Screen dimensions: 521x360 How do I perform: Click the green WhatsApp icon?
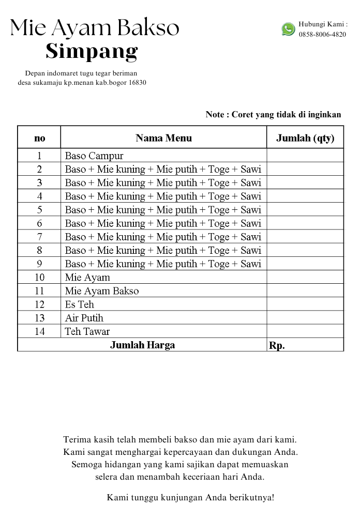288,29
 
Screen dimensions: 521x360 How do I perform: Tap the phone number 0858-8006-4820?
322,35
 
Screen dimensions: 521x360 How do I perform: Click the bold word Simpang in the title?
92,51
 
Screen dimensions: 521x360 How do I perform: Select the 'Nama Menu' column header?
163,138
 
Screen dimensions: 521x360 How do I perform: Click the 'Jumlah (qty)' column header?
305,138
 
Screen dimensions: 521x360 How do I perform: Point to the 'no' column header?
39,138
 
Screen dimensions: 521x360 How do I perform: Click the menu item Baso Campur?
94,156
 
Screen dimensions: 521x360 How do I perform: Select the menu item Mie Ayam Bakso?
102,291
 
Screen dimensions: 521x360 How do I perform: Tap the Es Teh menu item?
80,304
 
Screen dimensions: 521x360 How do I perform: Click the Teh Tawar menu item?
87,331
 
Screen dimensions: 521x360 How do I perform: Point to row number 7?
39,237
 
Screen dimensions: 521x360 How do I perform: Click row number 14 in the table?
39,331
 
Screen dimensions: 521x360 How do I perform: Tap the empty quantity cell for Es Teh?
305,304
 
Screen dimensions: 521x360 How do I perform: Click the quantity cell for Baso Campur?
305,156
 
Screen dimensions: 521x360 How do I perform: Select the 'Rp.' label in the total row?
277,346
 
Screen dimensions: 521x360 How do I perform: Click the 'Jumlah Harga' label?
142,345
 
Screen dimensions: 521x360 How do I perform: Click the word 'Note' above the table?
215,115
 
